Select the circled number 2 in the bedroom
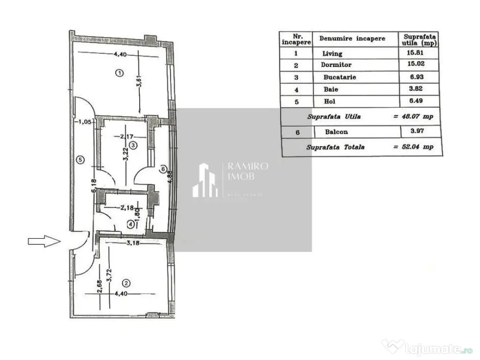click(x=126, y=283)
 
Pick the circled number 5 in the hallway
click(x=80, y=160)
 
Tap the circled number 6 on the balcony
click(x=163, y=169)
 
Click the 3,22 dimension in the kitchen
click(x=125, y=154)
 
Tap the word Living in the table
click(x=332, y=53)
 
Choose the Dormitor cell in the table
click(x=336, y=65)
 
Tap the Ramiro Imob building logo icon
click(x=205, y=180)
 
